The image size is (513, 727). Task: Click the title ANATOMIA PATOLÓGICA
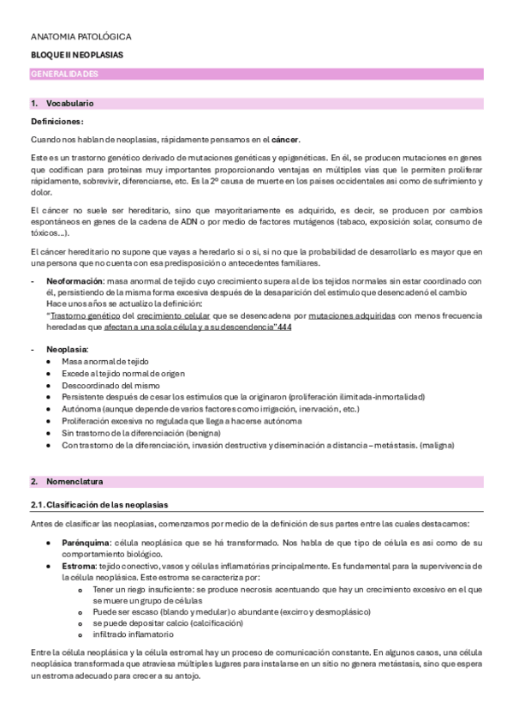click(81, 38)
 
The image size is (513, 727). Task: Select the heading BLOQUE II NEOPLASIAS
click(77, 55)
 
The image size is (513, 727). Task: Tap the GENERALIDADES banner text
click(64, 75)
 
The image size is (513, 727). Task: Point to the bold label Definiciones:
click(57, 122)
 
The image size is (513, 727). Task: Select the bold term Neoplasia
click(66, 350)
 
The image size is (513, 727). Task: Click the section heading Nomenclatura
click(73, 482)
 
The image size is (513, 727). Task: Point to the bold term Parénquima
click(86, 544)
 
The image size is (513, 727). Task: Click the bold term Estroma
click(79, 568)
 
